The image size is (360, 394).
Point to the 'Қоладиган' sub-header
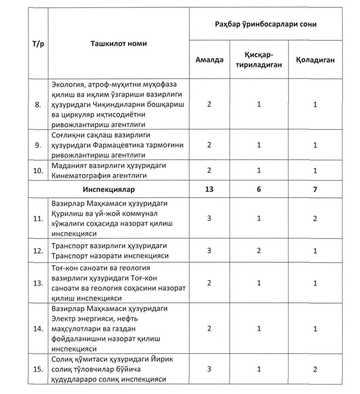click(316, 60)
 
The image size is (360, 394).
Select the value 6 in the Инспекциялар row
click(259, 189)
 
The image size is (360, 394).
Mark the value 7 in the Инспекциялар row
click(315, 189)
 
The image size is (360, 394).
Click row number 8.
click(38, 105)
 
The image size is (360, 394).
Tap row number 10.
click(38, 171)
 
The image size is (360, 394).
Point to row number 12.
click(38, 251)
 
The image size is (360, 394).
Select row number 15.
click(38, 369)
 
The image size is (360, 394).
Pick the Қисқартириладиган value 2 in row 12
click(259, 251)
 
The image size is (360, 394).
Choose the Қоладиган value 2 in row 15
click(315, 369)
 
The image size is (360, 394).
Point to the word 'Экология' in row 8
click(68, 85)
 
